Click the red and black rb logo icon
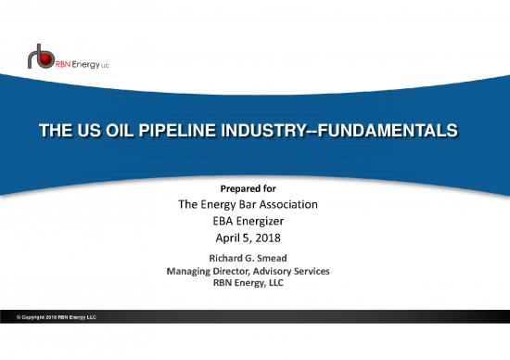click(x=40, y=58)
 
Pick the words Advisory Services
click(x=296, y=270)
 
